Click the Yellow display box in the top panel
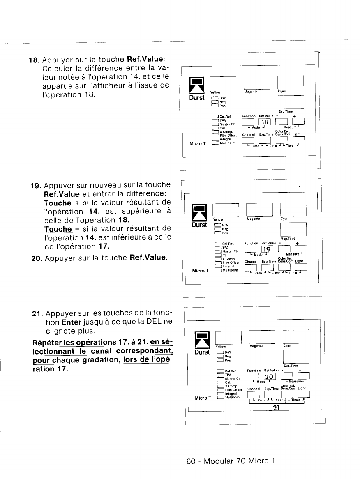[223, 83]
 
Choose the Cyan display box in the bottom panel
[296, 336]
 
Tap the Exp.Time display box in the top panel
[291, 101]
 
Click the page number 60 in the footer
[190, 461]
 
